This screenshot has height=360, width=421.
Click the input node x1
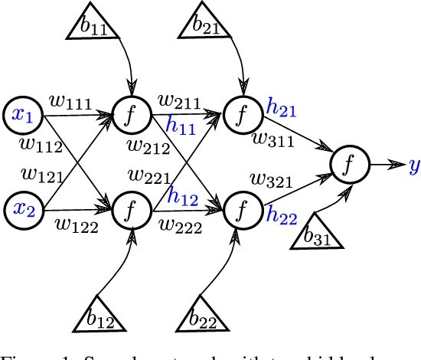coord(23,115)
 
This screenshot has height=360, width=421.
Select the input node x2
coord(23,208)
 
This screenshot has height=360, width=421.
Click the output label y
coord(413,165)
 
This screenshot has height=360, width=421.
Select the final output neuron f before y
coord(350,163)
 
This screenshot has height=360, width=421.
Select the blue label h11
coord(181,126)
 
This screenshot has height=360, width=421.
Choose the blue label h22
coord(282,218)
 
